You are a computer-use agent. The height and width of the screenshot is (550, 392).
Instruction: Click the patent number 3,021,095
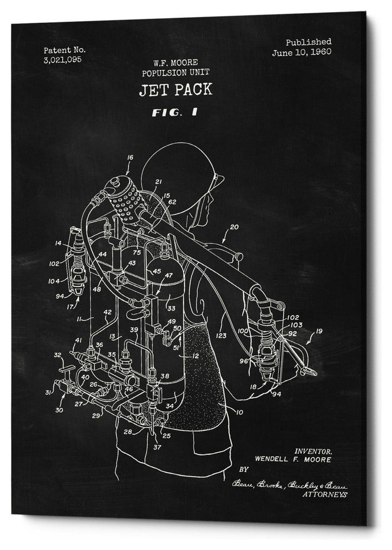click(62, 59)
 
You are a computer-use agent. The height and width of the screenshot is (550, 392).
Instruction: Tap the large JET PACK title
click(168, 89)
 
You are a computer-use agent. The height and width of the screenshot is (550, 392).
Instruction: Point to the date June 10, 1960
click(301, 53)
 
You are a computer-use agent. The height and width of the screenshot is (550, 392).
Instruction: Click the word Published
click(309, 42)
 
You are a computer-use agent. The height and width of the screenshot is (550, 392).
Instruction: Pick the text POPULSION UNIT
click(167, 73)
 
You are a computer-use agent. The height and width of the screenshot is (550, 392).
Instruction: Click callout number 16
click(130, 158)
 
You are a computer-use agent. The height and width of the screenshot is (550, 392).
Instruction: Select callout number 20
click(234, 227)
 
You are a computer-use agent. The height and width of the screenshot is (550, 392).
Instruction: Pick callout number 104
click(54, 281)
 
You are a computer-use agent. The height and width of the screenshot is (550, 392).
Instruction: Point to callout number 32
click(57, 354)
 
